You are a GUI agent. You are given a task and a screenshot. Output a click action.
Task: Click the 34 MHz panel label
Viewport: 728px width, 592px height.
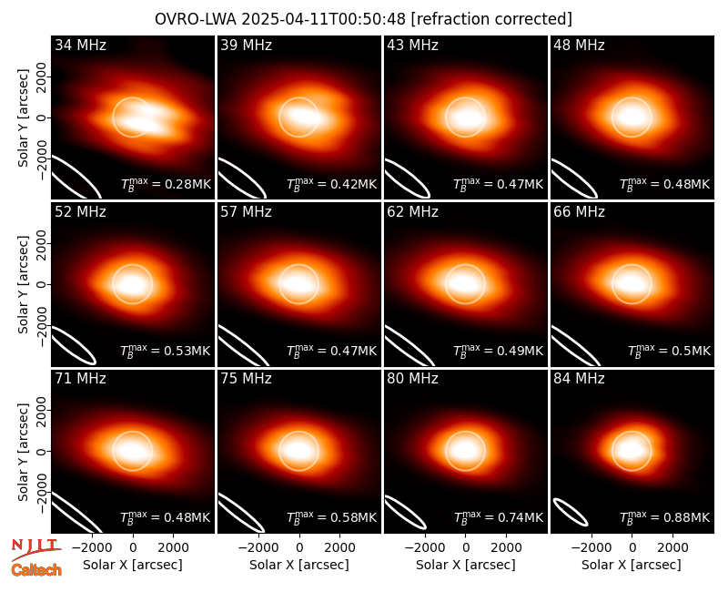80,45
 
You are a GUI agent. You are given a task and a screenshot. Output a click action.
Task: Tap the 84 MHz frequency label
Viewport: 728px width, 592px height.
579,379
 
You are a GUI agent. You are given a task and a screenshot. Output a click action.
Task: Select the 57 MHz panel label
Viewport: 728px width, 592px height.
246,212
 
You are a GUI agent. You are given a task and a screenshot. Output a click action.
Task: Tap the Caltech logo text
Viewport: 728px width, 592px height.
36,570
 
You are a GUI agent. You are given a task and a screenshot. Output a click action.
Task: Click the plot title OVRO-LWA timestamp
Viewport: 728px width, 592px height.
280,19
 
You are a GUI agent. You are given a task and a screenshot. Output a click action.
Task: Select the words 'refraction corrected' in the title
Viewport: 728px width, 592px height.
491,19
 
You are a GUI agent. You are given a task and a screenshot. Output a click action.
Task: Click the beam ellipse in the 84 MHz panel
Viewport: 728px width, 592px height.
571,512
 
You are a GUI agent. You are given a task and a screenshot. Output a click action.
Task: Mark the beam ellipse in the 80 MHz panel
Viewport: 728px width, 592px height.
405,512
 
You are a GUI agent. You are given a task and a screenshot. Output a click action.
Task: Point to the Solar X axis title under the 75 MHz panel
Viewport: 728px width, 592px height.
299,565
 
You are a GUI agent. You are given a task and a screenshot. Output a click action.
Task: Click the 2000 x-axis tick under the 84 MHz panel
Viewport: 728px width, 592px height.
672,548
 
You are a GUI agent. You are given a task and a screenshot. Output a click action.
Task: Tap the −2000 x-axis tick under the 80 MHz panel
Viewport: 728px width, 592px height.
425,548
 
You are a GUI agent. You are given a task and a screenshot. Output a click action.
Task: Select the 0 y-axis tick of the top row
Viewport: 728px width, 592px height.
42,117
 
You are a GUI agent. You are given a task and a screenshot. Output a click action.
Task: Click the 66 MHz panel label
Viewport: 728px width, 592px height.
579,212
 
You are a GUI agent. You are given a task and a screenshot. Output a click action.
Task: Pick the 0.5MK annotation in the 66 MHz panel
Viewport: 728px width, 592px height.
669,351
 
